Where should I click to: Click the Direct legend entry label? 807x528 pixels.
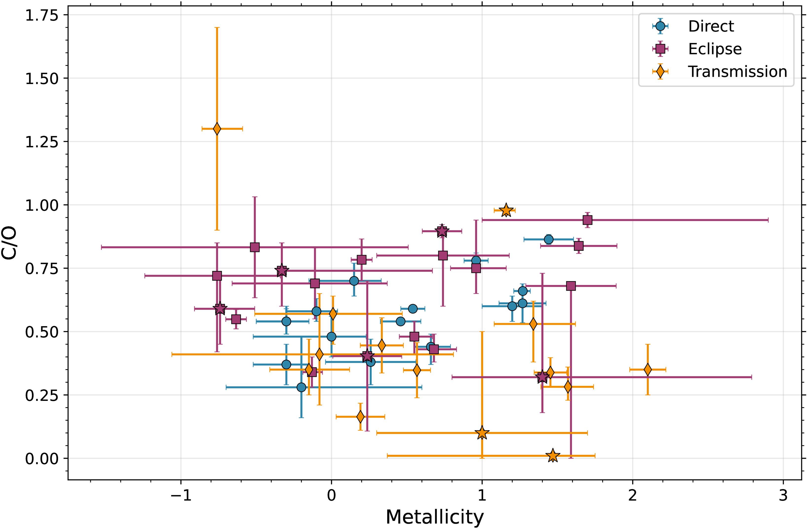(x=711, y=26)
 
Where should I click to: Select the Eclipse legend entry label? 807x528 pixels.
(x=715, y=49)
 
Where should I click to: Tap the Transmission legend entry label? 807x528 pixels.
(x=737, y=72)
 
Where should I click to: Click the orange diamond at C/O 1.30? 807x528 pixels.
(x=217, y=129)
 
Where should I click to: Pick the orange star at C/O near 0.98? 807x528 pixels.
(x=506, y=211)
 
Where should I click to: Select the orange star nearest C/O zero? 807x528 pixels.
(x=553, y=456)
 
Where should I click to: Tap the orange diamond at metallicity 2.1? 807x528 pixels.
(x=648, y=369)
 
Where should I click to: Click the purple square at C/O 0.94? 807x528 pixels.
(x=587, y=220)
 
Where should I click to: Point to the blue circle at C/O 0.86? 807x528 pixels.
(x=548, y=240)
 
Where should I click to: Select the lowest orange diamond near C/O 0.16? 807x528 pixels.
(x=361, y=416)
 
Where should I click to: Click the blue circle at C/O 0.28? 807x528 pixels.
(x=301, y=387)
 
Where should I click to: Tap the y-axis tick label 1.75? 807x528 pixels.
(x=42, y=16)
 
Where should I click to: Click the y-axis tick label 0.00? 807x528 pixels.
(x=42, y=459)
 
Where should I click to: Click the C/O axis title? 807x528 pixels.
(x=9, y=243)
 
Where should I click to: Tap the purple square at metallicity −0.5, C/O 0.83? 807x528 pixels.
(x=255, y=247)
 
